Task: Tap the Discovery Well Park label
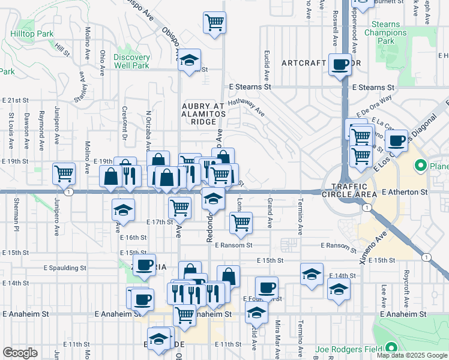point(132,61)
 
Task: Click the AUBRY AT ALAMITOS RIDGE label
point(203,113)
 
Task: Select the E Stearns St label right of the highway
point(376,88)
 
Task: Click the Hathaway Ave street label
point(246,107)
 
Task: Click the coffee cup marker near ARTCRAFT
point(340,63)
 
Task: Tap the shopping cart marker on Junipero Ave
point(64,173)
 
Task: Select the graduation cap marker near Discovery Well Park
point(190,60)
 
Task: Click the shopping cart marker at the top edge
point(214,22)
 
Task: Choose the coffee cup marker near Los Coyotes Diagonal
point(396,141)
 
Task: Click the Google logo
point(20,353)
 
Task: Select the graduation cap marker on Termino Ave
point(312,275)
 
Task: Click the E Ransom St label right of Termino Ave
point(340,245)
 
